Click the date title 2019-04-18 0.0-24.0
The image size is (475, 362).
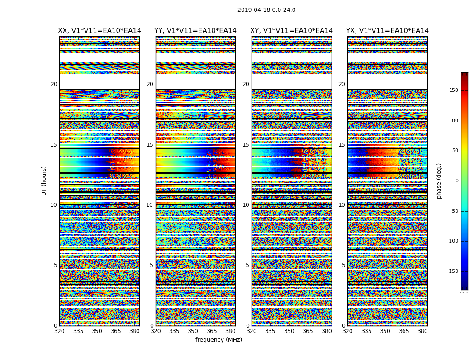tap(266, 10)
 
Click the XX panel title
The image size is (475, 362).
tap(100, 31)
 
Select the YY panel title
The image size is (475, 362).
tap(195, 31)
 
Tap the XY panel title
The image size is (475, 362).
tap(292, 31)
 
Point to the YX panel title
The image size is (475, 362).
tap(387, 31)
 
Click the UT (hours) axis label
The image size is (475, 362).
tap(44, 181)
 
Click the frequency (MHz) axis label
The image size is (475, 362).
tap(218, 340)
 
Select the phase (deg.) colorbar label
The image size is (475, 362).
tap(439, 181)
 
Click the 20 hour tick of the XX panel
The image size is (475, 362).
tap(54, 84)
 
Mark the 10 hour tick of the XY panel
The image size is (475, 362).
tap(246, 205)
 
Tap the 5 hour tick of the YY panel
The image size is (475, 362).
tap(152, 265)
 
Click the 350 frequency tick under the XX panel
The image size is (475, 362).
tap(97, 331)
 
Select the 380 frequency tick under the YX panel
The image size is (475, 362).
tap(423, 331)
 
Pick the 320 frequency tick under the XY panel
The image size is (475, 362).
tap(252, 331)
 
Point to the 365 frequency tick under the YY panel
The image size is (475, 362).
tap(212, 331)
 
